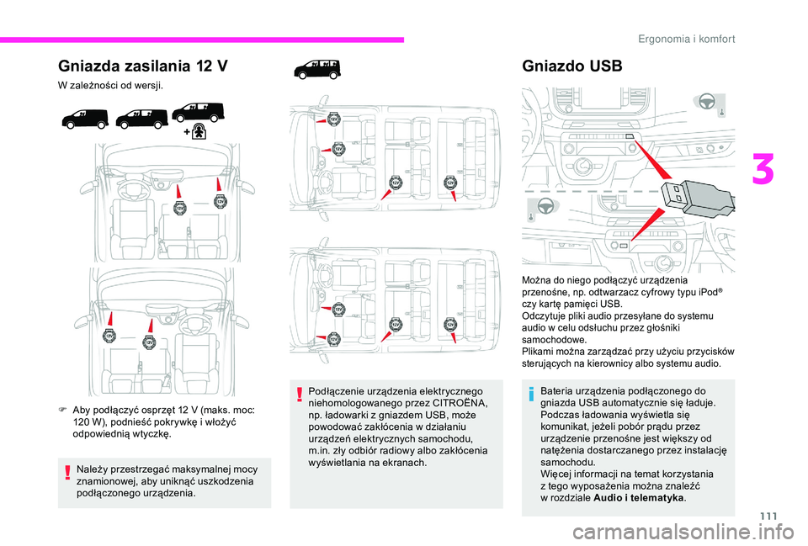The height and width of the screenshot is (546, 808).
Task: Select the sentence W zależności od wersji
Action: [x=110, y=86]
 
